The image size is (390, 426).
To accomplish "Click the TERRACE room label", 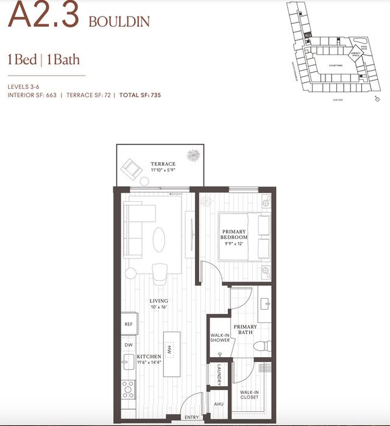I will (x=163, y=164).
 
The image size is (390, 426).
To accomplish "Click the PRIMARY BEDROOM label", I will (x=233, y=235).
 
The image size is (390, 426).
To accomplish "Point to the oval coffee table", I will (x=159, y=238).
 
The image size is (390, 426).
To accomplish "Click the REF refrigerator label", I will (x=129, y=324).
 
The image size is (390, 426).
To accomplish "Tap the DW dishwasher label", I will (x=129, y=345).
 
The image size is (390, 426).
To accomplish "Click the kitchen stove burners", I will (x=129, y=388).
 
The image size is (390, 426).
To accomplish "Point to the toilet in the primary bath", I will (x=260, y=347).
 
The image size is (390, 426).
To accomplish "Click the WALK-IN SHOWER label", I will (x=220, y=337).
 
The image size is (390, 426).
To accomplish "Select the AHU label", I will (x=219, y=403).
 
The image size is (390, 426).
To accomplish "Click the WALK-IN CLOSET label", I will (x=250, y=395).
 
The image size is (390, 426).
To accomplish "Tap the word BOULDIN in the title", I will (x=119, y=22).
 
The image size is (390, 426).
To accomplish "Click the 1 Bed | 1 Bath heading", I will (x=43, y=60).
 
